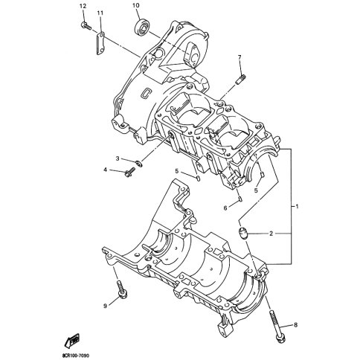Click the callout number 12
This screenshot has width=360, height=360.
pyautogui.click(x=83, y=6)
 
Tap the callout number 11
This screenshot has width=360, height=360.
pyautogui.click(x=100, y=13)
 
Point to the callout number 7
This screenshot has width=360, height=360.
pyautogui.click(x=240, y=57)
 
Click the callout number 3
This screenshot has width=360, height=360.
pyautogui.click(x=118, y=158)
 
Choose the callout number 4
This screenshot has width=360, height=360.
pyautogui.click(x=105, y=170)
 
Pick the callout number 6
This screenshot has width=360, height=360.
pyautogui.click(x=225, y=208)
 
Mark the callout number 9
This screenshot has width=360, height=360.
pyautogui.click(x=105, y=306)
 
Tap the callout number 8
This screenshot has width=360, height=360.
pyautogui.click(x=295, y=325)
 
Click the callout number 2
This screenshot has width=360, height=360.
pyautogui.click(x=271, y=234)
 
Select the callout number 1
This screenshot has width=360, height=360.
pyautogui.click(x=297, y=206)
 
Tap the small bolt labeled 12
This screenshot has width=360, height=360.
pyautogui.click(x=86, y=25)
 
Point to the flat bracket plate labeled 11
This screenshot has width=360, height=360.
pyautogui.click(x=100, y=43)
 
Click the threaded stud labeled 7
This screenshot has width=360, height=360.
pyautogui.click(x=240, y=80)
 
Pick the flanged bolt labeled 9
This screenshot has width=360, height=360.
pyautogui.click(x=121, y=289)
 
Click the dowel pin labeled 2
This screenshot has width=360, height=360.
pyautogui.click(x=242, y=234)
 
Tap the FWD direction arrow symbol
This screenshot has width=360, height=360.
pyautogui.click(x=72, y=340)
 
